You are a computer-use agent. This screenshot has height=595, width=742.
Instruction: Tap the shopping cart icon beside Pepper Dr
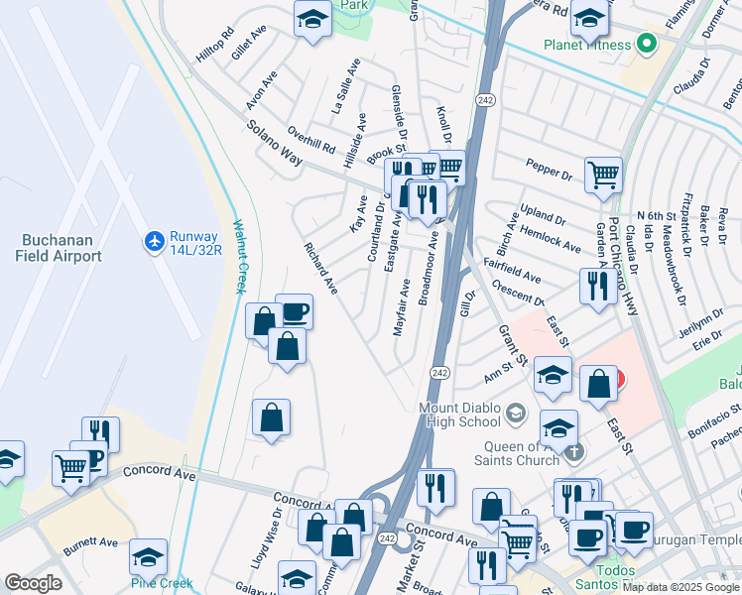click(x=603, y=176)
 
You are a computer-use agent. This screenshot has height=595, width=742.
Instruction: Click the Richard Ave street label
click(x=321, y=268)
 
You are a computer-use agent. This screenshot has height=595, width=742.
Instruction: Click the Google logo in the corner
click(x=34, y=583)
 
